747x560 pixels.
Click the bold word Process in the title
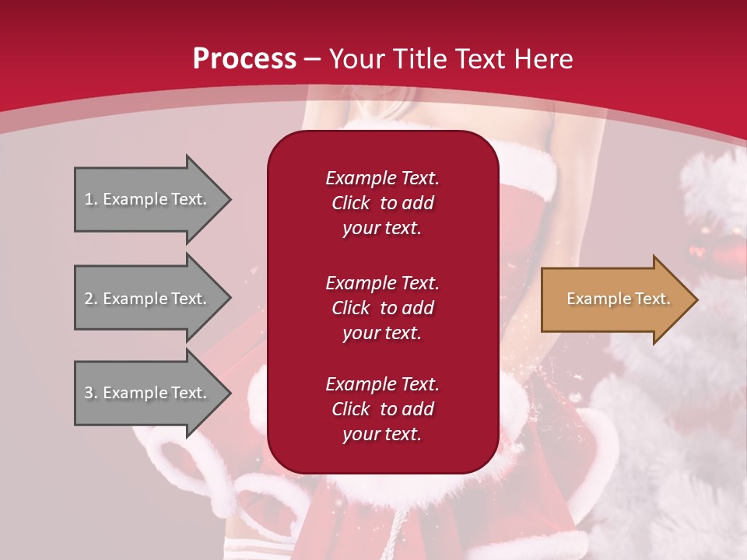pyautogui.click(x=244, y=59)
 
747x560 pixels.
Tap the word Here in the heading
pyautogui.click(x=544, y=59)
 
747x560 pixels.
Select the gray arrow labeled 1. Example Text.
pyautogui.click(x=148, y=199)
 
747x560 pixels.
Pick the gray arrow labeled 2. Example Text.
pyautogui.click(x=148, y=299)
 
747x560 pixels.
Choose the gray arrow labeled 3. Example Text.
pyautogui.click(x=148, y=393)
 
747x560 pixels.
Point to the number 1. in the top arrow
pyautogui.click(x=91, y=199)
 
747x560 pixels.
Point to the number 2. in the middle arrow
pyautogui.click(x=91, y=299)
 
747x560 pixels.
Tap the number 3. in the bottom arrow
pyautogui.click(x=91, y=393)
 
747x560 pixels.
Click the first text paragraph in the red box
pyautogui.click(x=382, y=203)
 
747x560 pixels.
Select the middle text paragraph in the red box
pyautogui.click(x=382, y=308)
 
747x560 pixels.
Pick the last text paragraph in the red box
pyautogui.click(x=382, y=409)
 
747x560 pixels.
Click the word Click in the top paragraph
pyautogui.click(x=351, y=203)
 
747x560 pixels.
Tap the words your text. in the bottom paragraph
pyautogui.click(x=382, y=434)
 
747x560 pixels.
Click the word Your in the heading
pyautogui.click(x=356, y=59)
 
